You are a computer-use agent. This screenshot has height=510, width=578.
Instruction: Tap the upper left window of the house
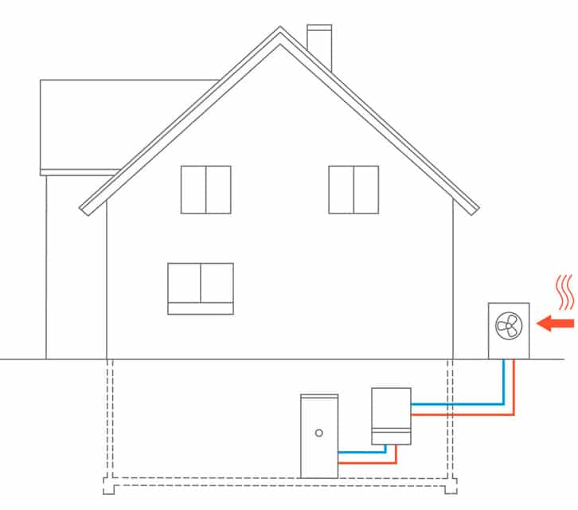click(x=205, y=189)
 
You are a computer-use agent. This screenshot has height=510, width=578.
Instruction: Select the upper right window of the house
click(x=353, y=189)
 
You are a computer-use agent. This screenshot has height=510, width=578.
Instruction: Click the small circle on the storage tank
click(x=318, y=433)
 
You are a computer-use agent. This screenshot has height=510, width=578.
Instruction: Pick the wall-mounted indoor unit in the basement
click(x=391, y=410)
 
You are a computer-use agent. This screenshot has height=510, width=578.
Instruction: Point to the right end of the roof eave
click(x=475, y=210)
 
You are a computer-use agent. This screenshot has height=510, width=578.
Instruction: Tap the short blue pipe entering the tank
click(x=362, y=453)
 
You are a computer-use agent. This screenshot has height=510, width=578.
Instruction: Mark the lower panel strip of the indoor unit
click(x=391, y=437)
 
